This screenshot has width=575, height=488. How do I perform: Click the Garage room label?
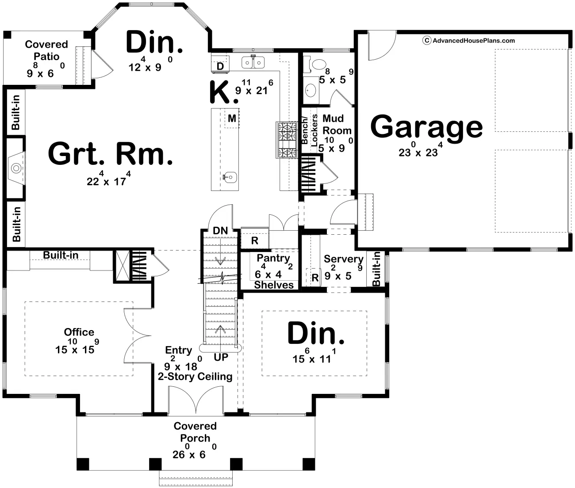426,127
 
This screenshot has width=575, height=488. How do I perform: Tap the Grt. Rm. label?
110,153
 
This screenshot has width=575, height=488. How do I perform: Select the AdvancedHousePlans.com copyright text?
468,41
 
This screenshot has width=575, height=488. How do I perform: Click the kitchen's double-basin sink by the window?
253,62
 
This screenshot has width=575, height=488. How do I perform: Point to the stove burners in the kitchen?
287,140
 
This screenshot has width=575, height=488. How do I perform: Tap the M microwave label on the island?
232,118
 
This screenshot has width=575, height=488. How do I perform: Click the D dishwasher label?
220,66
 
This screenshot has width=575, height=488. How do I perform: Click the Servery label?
344,259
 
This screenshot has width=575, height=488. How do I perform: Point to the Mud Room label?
336,124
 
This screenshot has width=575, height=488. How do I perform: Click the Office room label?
79,332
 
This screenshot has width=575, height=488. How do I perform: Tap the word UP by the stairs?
221,357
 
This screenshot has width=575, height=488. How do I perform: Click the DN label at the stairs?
220,230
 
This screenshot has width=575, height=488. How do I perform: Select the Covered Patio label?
46,50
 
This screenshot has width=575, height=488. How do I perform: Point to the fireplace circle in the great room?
16,168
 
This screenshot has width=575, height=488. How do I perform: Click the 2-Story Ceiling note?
195,377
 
